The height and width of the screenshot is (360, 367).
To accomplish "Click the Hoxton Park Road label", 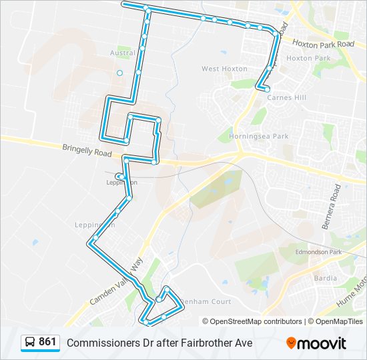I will tap(323, 44).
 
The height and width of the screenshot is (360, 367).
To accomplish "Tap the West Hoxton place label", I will tap(220, 69).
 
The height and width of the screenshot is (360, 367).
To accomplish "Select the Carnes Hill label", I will tap(286, 97).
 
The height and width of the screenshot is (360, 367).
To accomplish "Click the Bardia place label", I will tap(325, 278).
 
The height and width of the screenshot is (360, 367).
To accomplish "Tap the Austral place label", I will tap(122, 53).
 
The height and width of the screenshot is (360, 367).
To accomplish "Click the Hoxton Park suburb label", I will tap(308, 58).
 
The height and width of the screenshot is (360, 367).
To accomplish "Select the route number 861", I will tap(47, 342).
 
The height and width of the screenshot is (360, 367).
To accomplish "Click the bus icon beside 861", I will tap(30, 343).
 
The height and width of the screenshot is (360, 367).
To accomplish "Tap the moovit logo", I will tap(316, 343).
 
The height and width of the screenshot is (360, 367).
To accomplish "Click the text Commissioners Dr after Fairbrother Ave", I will tap(159, 343).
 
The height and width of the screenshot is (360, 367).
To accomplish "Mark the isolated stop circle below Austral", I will tap(119, 73).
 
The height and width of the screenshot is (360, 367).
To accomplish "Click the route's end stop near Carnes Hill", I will tap(266, 89).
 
